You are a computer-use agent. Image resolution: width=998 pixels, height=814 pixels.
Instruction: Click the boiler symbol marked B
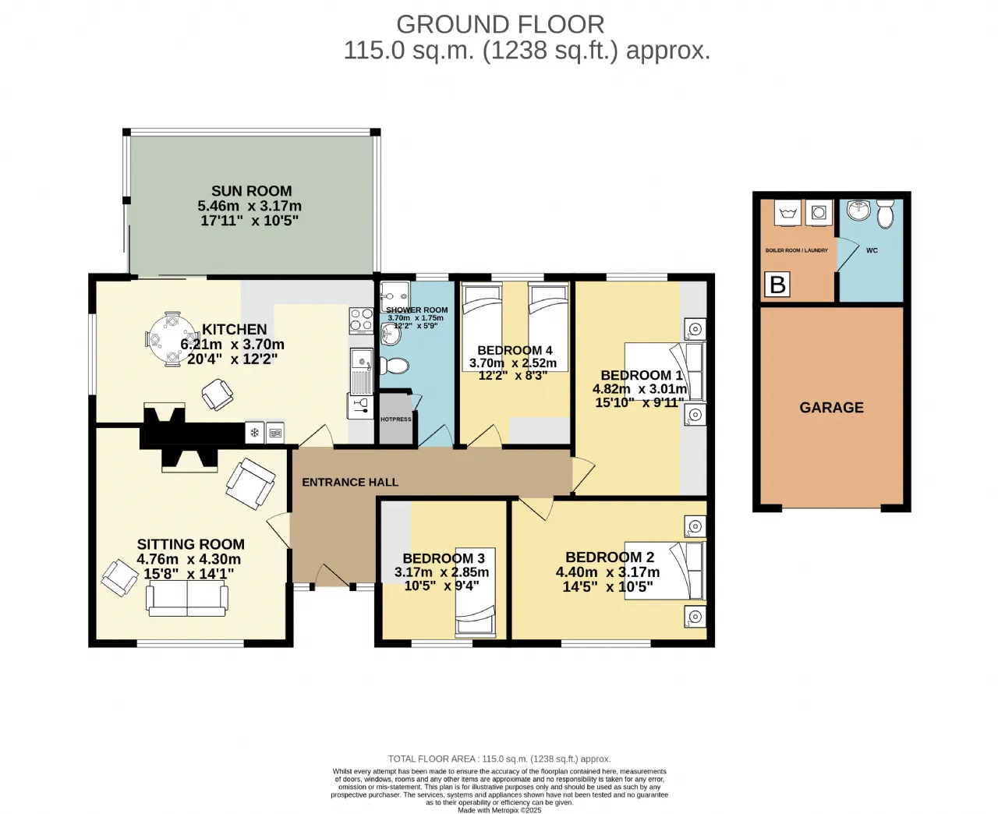(x=777, y=285)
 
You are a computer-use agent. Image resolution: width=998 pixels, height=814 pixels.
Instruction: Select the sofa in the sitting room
(x=187, y=599)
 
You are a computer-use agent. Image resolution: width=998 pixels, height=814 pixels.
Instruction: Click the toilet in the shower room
(x=394, y=366)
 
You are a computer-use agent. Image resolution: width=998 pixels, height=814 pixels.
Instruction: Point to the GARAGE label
(x=831, y=408)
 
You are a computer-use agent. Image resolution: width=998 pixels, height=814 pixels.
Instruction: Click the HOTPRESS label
(x=395, y=419)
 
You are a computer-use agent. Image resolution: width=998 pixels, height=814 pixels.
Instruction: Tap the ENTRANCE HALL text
(x=350, y=483)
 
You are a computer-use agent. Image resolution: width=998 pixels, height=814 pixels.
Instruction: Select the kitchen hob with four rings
(x=362, y=320)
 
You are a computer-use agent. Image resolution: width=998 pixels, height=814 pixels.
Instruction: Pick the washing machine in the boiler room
(x=819, y=213)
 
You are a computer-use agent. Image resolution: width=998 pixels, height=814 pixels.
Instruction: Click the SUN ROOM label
(x=251, y=191)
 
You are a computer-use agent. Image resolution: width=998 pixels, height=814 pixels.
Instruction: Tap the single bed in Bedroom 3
(x=475, y=593)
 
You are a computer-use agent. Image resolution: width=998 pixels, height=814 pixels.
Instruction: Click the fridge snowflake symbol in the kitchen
(x=255, y=433)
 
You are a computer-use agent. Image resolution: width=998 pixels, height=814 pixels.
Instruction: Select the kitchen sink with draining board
(x=362, y=371)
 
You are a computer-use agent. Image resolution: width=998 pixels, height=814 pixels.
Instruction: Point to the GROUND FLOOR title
(x=501, y=25)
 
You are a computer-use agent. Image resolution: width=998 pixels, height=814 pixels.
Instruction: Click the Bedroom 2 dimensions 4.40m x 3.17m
(x=607, y=572)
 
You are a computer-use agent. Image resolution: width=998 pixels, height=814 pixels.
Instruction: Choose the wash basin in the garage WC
(x=858, y=210)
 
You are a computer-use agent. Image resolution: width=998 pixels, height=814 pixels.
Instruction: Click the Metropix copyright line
(x=499, y=810)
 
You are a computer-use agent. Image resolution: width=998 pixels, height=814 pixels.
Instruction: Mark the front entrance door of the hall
(x=333, y=575)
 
